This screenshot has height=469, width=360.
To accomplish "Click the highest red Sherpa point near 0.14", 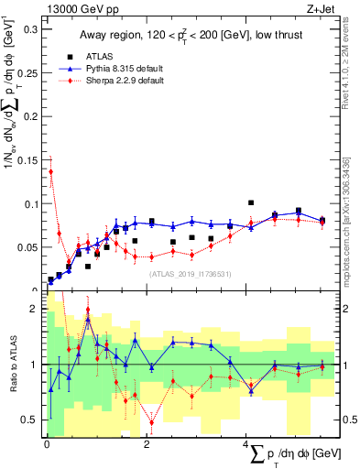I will click(50, 171).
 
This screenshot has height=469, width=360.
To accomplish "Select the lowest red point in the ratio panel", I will click(152, 422).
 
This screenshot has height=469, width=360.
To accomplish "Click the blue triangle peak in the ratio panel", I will click(88, 322).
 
